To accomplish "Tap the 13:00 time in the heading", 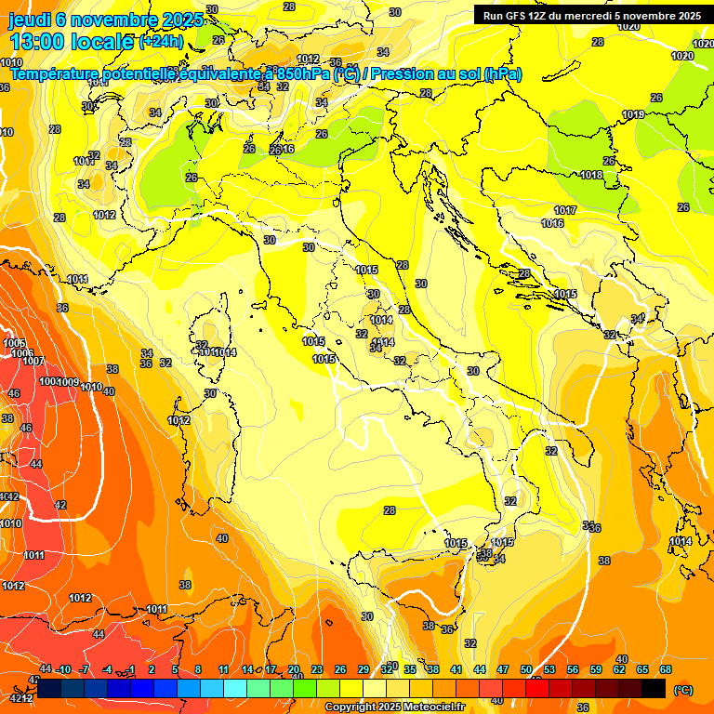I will (x=36, y=42).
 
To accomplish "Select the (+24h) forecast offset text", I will (x=162, y=42).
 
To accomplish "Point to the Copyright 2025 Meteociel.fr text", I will (x=394, y=707).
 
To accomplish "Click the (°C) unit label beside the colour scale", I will (x=683, y=690).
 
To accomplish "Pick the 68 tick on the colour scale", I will (x=666, y=669).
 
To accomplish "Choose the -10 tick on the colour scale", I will (x=64, y=669).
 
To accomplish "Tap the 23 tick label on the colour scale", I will (x=317, y=669).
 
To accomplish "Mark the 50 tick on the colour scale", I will (x=526, y=669).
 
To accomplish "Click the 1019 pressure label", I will (x=633, y=114).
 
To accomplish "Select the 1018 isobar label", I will (x=591, y=175).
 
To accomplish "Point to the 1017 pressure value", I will (x=565, y=210).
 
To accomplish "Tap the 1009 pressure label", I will (x=68, y=382).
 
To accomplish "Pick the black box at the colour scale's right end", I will (x=654, y=688).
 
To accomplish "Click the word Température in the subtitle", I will (x=57, y=74).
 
